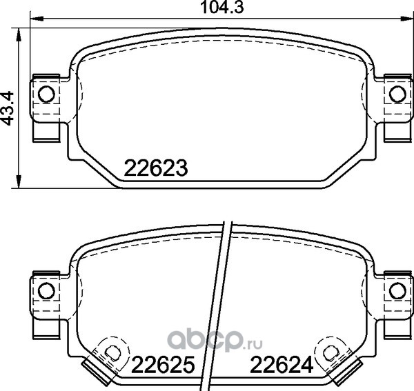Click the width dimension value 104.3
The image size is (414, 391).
[222, 8]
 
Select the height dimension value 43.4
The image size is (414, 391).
[7, 108]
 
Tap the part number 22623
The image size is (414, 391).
[156, 168]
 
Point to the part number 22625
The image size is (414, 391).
[163, 364]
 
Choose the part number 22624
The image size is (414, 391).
[282, 364]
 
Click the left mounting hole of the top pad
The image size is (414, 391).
[46, 94]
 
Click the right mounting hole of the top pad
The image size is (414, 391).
[397, 94]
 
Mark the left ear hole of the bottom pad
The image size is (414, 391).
[46, 291]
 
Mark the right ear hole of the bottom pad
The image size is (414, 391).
[397, 291]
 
